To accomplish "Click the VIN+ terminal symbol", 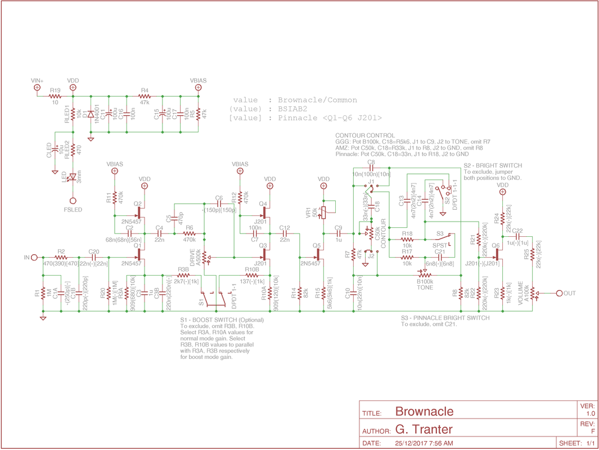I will coord(38,88).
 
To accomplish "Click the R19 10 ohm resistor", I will coord(55,96).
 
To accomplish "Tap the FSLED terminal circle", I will coord(73,201).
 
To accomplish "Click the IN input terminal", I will coord(34,258).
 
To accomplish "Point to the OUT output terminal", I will coord(559,293).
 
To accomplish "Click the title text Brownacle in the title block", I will coord(424,412).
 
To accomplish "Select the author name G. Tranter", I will coord(424,430).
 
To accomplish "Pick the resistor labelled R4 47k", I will coord(145,96).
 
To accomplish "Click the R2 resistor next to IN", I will coord(61,258).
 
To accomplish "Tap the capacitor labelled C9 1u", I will coord(339,233).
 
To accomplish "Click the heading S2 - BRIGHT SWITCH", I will coord(493,165).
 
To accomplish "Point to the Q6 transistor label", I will coord(496,246).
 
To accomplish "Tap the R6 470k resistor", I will coord(189,233).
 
